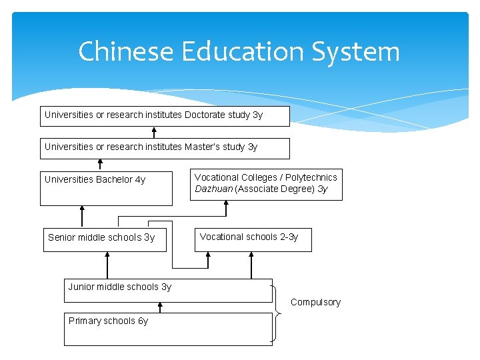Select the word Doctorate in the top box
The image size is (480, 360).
pyautogui.click(x=205, y=115)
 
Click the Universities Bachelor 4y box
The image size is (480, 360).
pyautogui.click(x=106, y=189)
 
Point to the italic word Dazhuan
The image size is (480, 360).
pyautogui.click(x=213, y=189)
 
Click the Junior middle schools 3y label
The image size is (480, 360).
pyautogui.click(x=119, y=287)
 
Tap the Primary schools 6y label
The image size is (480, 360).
pyautogui.click(x=108, y=321)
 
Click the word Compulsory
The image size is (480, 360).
pyautogui.click(x=315, y=302)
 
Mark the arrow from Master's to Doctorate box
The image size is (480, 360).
pyautogui.click(x=154, y=132)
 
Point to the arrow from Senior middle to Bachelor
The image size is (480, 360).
pyautogui.click(x=82, y=217)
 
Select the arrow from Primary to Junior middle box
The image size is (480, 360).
pyautogui.click(x=160, y=307)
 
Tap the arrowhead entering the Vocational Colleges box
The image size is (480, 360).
pyautogui.click(x=226, y=204)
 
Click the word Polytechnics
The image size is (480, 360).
pyautogui.click(x=311, y=177)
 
